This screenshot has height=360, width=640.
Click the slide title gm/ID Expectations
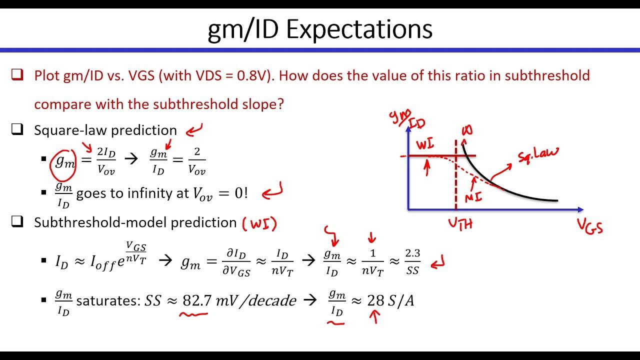[x=320, y=29]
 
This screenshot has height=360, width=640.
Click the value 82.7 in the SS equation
[x=195, y=300]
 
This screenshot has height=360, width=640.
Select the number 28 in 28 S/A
[x=375, y=300]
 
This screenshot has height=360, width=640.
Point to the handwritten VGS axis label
[x=590, y=226]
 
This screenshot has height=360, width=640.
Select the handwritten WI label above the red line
[x=425, y=144]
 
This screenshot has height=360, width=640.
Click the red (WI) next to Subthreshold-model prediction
[x=259, y=223]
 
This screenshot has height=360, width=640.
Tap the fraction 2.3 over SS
[x=412, y=262]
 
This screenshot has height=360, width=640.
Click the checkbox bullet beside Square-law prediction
[x=17, y=130]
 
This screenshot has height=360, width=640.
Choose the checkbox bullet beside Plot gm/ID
[x=17, y=75]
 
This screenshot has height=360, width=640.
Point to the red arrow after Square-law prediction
[x=194, y=131]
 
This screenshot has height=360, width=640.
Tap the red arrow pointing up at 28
[x=374, y=316]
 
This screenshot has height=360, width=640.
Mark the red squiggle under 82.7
[x=194, y=314]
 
